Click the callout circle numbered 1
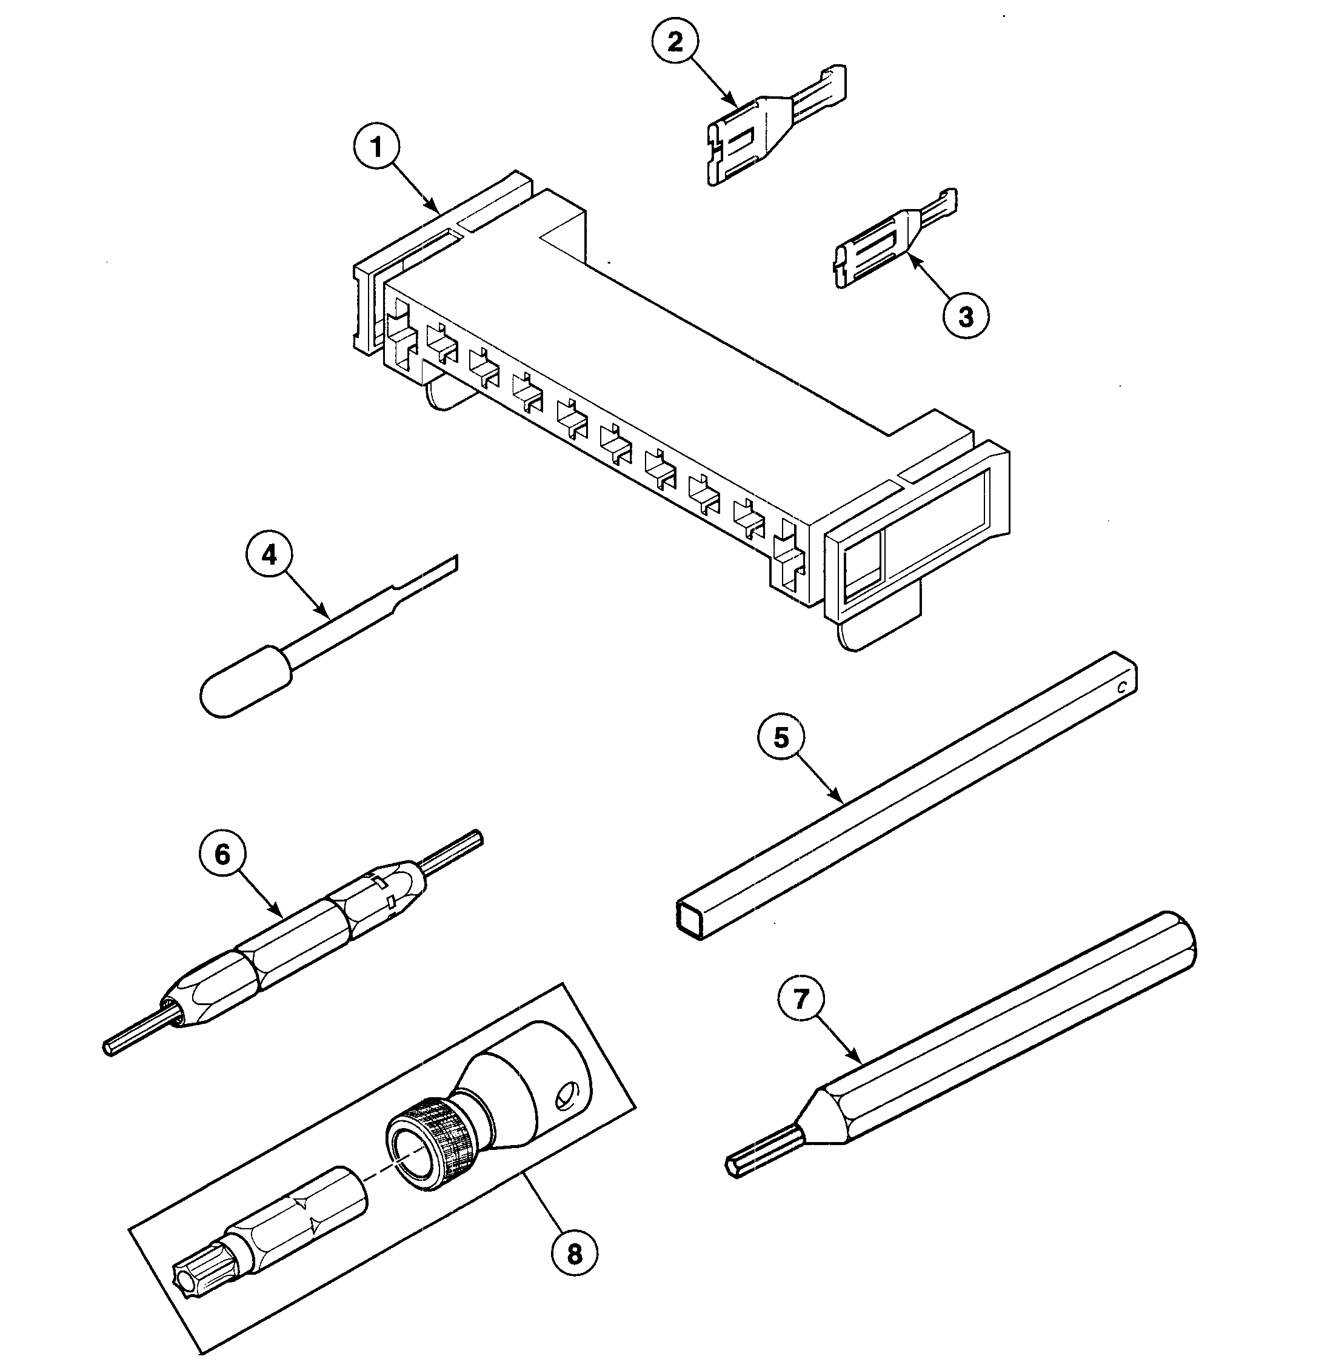click(377, 148)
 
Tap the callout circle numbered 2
click(674, 43)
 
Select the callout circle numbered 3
click(966, 316)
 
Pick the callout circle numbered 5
click(781, 739)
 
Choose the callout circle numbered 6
click(222, 855)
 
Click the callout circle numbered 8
click(574, 1254)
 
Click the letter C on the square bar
click(1121, 688)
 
